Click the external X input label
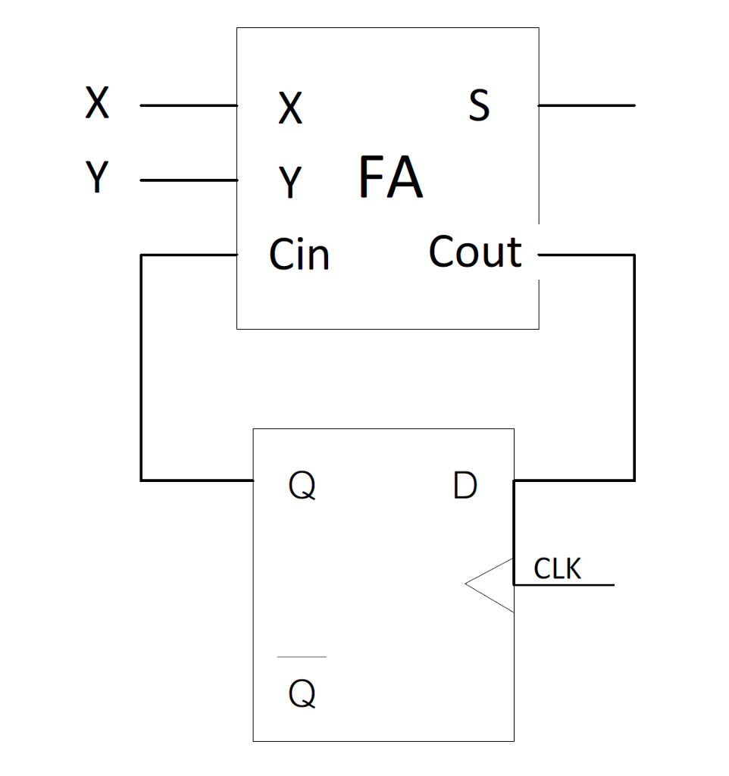97,104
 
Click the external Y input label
96,178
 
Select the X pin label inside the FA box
289,109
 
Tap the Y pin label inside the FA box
289,183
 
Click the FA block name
390,178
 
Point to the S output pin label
479,107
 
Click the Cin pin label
299,255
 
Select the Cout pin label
475,252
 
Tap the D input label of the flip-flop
465,486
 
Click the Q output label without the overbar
302,487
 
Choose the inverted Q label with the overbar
302,693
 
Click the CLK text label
558,568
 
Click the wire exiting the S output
587,105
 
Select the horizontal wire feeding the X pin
189,105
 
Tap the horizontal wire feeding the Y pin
189,180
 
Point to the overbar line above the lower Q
302,657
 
